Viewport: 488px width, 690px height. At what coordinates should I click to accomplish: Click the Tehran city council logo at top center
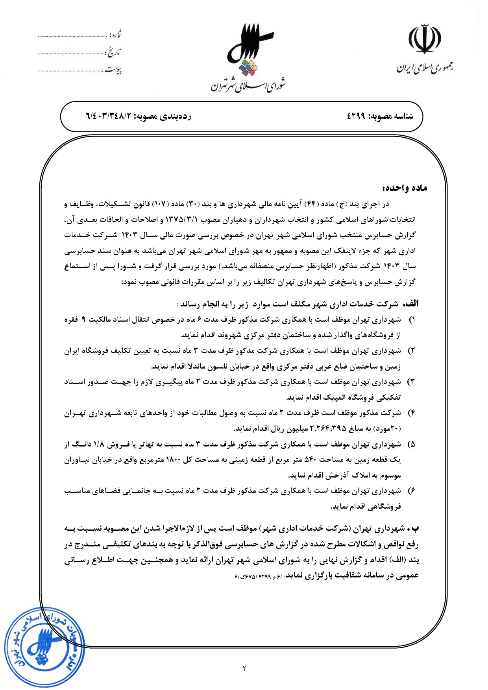pos(249,49)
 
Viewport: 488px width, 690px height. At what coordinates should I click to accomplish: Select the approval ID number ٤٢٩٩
pos(357,116)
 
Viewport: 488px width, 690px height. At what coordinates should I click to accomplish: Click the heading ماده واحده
pos(404,188)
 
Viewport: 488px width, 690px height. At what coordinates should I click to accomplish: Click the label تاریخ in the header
pos(114,52)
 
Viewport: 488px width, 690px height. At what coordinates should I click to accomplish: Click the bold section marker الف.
pos(412,304)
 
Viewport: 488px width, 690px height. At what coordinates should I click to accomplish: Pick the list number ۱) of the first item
pos(412,320)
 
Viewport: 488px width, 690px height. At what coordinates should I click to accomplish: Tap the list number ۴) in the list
pos(412,413)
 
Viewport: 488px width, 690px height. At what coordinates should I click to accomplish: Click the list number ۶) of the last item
pos(412,491)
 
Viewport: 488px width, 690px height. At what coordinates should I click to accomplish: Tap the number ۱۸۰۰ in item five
pos(175,460)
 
